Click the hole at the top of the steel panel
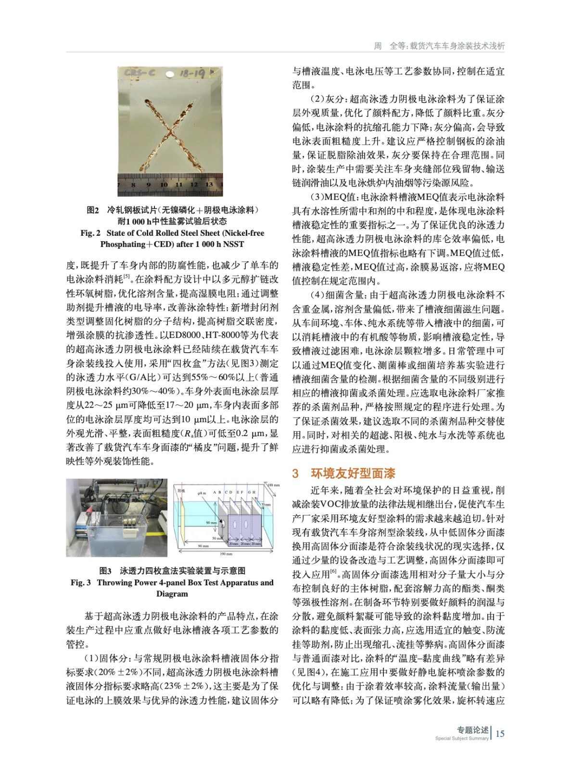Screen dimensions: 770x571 click(x=169, y=75)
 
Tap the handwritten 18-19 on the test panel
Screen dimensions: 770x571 click(x=193, y=73)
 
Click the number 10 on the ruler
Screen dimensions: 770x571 click(x=164, y=185)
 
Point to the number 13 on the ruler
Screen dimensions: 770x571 click(x=209, y=184)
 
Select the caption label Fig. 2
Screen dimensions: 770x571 click(x=90, y=233)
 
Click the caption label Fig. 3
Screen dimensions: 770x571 click(x=80, y=583)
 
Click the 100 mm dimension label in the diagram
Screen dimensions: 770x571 click(x=273, y=485)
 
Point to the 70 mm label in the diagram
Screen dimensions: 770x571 click(x=266, y=505)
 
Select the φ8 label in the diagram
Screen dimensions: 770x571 click(x=202, y=493)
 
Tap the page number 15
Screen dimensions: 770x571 click(x=500, y=734)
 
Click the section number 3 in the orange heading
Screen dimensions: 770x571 click(x=295, y=474)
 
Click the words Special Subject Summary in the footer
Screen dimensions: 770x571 click(x=461, y=738)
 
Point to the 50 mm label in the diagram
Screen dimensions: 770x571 click(x=217, y=538)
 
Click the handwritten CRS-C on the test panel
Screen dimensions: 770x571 click(x=140, y=73)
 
